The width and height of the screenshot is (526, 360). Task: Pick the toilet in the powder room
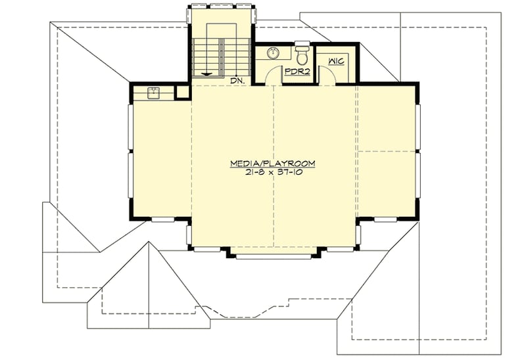tap(302, 51)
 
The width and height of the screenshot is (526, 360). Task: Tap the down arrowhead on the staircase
tap(208, 74)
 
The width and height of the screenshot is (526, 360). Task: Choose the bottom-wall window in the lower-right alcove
tap(388, 219)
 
